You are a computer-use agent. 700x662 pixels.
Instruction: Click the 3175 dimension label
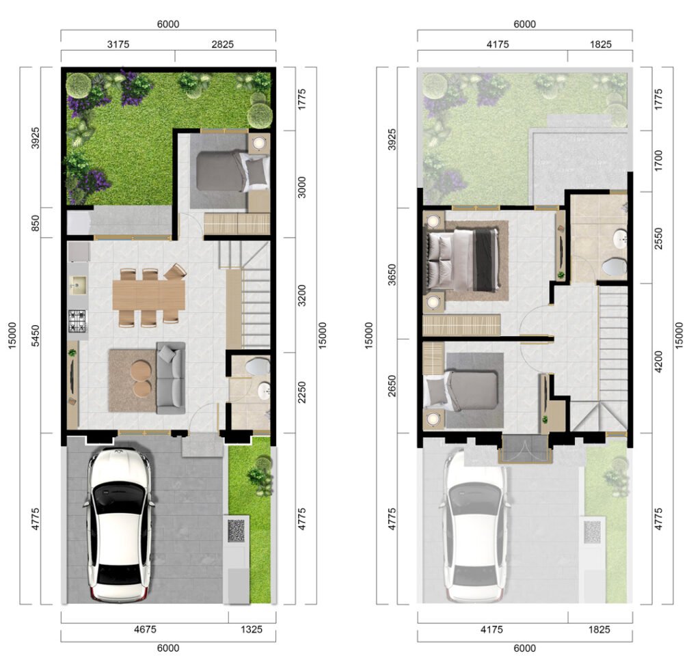[118, 44]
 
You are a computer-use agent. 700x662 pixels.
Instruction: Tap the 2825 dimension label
[222, 44]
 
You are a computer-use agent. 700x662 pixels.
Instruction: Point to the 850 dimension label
[36, 223]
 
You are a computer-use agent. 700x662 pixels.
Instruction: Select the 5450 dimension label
[36, 335]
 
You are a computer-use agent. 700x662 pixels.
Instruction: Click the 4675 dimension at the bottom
[145, 629]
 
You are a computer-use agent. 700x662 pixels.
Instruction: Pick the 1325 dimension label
[252, 629]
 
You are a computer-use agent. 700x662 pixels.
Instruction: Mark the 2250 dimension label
[302, 393]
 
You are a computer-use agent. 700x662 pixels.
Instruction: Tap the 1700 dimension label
[658, 161]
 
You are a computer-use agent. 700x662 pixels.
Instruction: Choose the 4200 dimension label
[658, 362]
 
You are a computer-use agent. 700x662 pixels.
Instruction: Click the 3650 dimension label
[392, 275]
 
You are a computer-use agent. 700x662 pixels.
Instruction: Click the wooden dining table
[148, 294]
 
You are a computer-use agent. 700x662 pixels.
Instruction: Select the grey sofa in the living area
[170, 378]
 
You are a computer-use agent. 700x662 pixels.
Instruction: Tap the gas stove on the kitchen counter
[78, 320]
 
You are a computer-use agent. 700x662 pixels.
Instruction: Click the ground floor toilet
[258, 366]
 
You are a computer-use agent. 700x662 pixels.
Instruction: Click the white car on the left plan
[118, 525]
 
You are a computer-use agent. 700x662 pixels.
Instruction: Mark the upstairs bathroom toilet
[615, 267]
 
